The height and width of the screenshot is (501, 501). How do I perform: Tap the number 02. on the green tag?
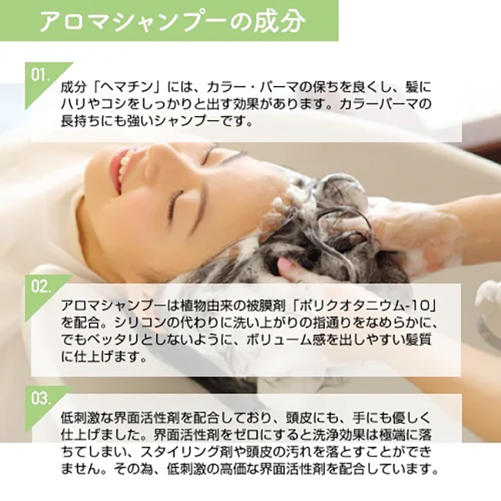[x=41, y=286]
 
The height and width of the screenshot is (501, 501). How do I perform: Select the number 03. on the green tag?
[x=41, y=398]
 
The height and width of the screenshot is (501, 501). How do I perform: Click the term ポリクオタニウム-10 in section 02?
[x=361, y=306]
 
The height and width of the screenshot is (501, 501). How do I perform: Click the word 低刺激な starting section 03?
[x=83, y=417]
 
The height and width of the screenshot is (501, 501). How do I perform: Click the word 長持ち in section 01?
[x=78, y=122]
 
